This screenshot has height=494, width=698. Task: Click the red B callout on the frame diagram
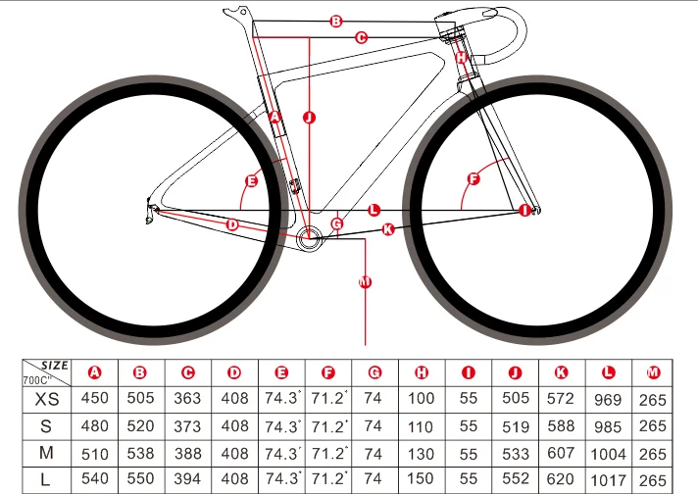click(335, 22)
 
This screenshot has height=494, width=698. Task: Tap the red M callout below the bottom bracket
click(365, 283)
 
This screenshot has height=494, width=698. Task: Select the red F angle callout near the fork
click(474, 179)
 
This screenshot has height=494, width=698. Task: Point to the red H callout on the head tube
click(461, 57)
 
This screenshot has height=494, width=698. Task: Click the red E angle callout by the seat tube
click(251, 181)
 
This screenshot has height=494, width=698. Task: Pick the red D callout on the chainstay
click(232, 224)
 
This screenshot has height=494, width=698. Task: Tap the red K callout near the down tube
click(387, 229)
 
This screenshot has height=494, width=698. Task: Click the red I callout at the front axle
click(524, 210)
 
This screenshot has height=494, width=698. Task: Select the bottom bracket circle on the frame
click(311, 235)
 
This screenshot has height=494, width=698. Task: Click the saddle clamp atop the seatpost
click(235, 14)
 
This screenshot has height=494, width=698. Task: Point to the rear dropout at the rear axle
click(151, 208)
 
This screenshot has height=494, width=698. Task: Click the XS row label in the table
click(46, 399)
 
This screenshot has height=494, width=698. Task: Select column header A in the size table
click(95, 372)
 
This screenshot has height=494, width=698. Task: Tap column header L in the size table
click(608, 372)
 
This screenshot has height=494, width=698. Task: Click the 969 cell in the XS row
click(608, 399)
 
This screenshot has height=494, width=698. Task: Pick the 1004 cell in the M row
click(608, 455)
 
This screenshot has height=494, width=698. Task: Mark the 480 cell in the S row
click(95, 426)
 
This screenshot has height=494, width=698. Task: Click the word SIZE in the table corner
click(56, 366)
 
